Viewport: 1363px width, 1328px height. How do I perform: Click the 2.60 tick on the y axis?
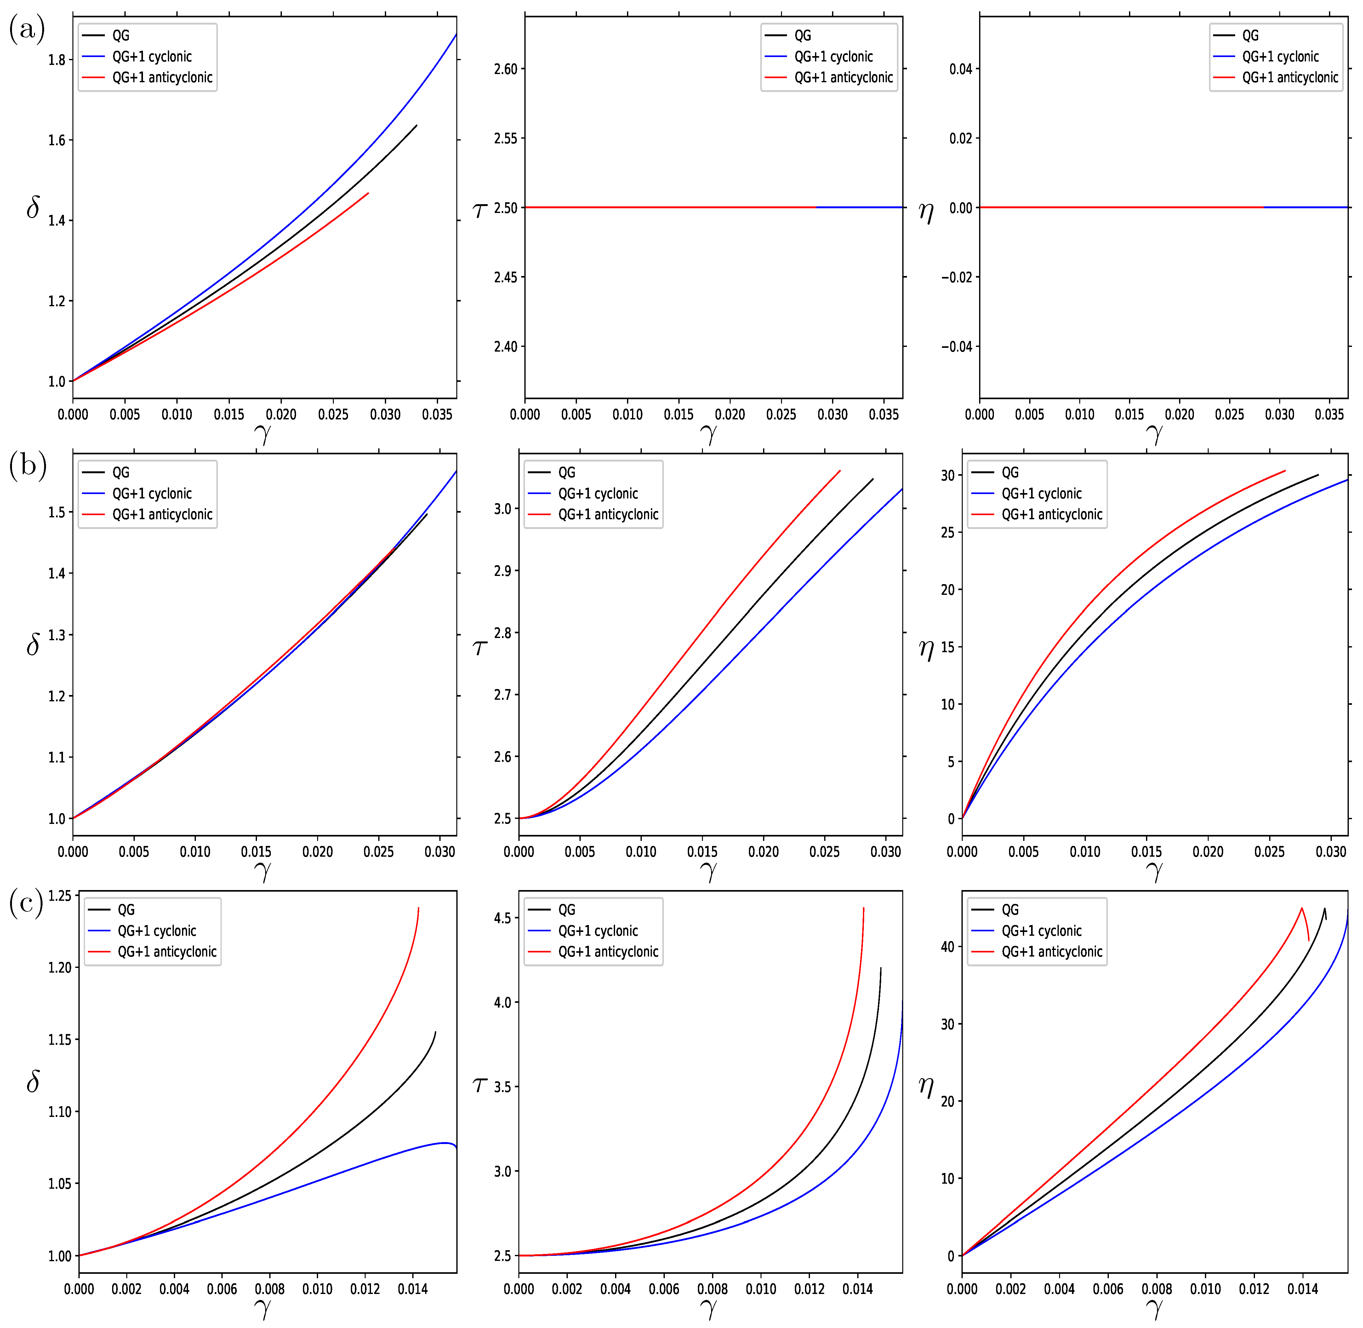tap(505, 69)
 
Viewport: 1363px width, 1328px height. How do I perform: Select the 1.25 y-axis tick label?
tap(59, 895)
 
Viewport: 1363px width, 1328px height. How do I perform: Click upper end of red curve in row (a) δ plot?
tap(368, 193)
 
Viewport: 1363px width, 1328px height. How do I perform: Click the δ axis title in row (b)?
tap(33, 645)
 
